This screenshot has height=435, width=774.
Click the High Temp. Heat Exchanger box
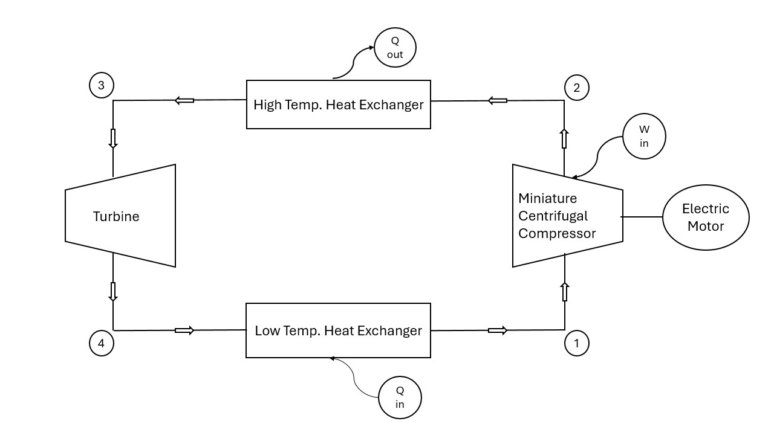[339, 105]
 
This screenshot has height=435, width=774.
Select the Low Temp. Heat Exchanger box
[339, 330]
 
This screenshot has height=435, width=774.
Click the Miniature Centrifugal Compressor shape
[567, 216]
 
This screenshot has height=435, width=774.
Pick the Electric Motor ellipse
[706, 217]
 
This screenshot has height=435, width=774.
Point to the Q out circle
[395, 47]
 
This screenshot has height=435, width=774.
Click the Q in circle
[400, 397]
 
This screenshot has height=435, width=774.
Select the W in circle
[644, 137]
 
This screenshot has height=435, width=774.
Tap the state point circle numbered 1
[576, 343]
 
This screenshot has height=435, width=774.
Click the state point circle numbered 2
[576, 88]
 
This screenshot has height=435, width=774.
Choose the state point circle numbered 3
[101, 85]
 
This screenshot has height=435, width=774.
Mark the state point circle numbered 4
[101, 343]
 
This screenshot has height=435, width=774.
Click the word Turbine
[116, 216]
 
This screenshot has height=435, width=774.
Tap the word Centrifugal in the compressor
[553, 216]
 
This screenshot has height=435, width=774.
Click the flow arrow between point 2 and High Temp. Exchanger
[497, 100]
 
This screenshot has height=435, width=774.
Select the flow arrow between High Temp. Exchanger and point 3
[184, 100]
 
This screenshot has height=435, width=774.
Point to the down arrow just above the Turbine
[112, 138]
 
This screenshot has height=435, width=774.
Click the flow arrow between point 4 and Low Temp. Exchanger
[184, 330]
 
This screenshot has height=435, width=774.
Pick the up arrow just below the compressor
[565, 292]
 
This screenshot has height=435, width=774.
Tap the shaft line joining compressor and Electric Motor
[642, 216]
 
